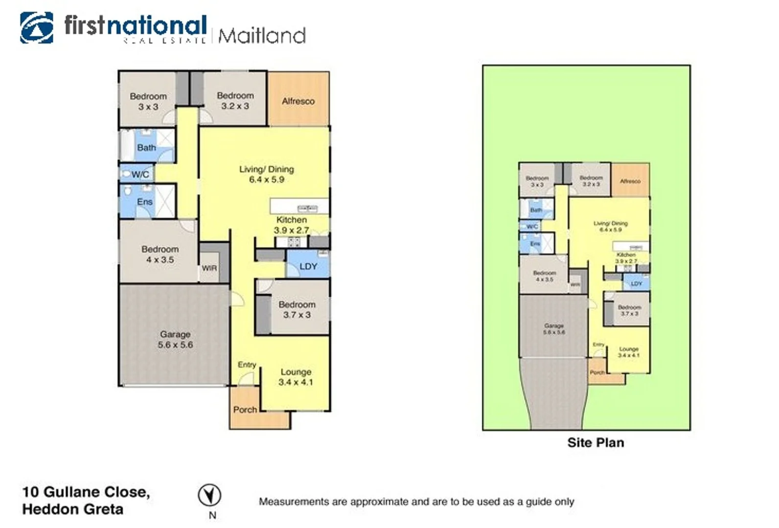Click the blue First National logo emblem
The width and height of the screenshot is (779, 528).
tap(37, 28)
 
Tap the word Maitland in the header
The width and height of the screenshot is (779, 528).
tap(262, 36)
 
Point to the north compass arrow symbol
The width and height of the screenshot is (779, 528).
tap(209, 495)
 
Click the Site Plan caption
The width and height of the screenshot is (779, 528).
tap(596, 442)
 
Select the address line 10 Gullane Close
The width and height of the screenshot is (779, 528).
tap(86, 492)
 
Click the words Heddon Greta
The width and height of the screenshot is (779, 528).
tap(73, 509)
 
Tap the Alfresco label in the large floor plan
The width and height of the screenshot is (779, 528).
tap(298, 101)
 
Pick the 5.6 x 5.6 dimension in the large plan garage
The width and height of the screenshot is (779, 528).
tap(175, 345)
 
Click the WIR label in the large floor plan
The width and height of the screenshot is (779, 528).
tap(209, 268)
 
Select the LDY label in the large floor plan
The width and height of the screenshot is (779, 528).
tap(308, 266)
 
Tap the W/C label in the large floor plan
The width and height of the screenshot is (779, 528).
tap(140, 174)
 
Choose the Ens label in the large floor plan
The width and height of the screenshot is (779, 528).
tap(145, 201)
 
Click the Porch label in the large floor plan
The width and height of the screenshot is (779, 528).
tap(245, 410)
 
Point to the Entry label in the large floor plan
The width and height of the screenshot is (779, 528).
tap(247, 365)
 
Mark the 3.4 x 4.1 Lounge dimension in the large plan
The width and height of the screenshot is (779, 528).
tap(296, 382)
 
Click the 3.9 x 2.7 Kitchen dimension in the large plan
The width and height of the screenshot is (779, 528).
tap(291, 230)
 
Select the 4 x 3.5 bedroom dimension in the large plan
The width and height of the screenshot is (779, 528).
tap(160, 260)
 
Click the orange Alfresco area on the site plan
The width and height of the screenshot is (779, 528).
tap(631, 180)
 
